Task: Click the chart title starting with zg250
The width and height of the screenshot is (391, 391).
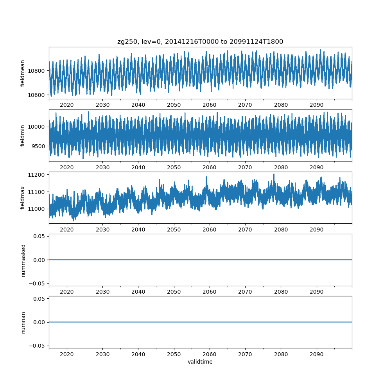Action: pos(200,41)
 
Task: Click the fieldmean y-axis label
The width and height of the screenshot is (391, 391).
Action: pos(23,73)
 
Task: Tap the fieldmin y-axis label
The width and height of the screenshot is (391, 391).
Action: pos(23,135)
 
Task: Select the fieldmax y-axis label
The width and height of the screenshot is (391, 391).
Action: pos(23,197)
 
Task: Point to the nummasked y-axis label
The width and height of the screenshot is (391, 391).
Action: pos(23,260)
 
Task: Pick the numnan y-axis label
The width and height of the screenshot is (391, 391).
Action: pos(23,322)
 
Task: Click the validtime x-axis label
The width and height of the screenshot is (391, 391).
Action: pos(200,362)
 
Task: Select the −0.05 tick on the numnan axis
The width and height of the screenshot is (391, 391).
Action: pos(38,345)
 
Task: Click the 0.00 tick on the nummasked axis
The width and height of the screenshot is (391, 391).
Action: pos(40,260)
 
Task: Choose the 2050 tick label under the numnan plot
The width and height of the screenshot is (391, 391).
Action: pos(174,354)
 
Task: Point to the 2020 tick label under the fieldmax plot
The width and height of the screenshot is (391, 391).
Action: pos(67,230)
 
